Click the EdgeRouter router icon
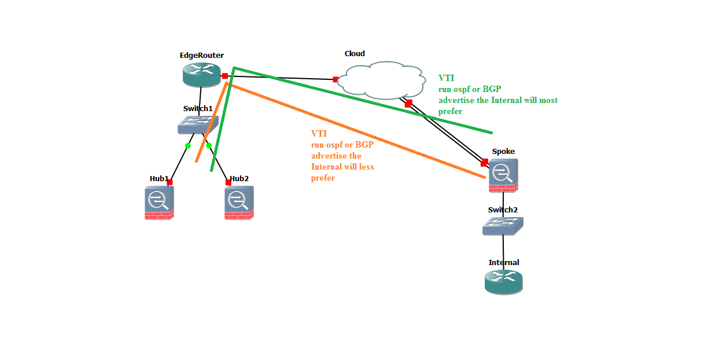tap(201, 74)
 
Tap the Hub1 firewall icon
tap(158, 203)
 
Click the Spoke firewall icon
tap(503, 175)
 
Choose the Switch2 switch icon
tap(503, 226)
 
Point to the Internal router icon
tap(503, 281)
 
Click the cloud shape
tap(382, 79)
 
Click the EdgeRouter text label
tap(201, 56)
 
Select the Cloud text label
tap(355, 54)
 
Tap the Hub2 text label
tap(239, 178)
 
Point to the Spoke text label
tap(503, 152)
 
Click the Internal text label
tap(504, 263)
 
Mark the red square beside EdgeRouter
tap(224, 76)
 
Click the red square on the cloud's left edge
tap(335, 79)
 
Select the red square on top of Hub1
tap(169, 182)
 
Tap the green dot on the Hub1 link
tap(187, 146)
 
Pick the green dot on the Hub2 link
tap(209, 146)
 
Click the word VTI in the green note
tap(446, 78)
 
